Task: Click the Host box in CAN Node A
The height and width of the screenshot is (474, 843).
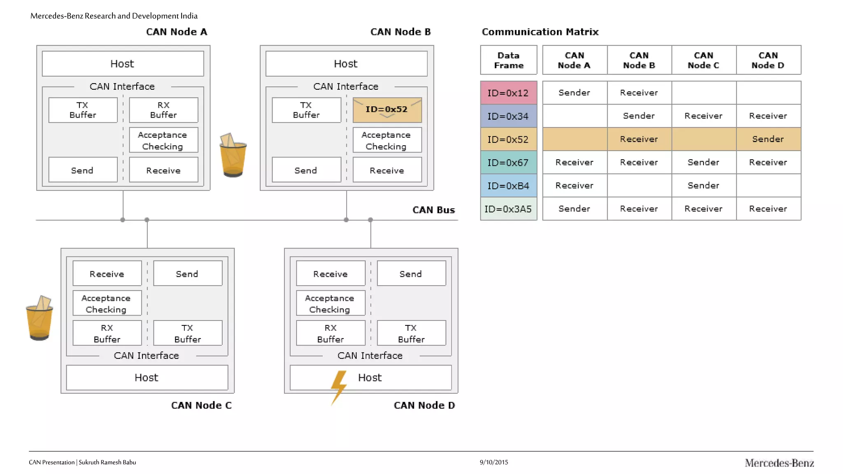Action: (x=123, y=64)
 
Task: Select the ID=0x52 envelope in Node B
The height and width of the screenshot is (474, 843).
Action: (x=387, y=110)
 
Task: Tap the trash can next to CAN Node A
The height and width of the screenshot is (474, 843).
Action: (x=233, y=155)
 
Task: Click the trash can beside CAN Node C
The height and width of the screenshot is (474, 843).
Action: (x=40, y=318)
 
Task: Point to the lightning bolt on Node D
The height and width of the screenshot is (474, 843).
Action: (x=339, y=386)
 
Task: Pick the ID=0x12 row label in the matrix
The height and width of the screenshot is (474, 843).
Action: (x=508, y=93)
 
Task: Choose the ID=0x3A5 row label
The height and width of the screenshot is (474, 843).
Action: (x=508, y=209)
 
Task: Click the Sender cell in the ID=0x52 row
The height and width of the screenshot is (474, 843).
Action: (x=768, y=139)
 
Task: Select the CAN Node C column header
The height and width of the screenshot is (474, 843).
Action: (x=703, y=60)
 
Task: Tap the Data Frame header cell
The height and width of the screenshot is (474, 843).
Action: (x=509, y=60)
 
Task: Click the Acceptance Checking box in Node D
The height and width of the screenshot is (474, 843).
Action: (x=330, y=304)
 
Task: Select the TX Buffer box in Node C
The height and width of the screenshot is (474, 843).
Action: (x=188, y=333)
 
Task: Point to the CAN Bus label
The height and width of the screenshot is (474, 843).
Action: (x=433, y=210)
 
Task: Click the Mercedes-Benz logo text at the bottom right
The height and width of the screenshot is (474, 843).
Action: (x=779, y=463)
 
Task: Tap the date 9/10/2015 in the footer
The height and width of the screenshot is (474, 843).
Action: (x=494, y=462)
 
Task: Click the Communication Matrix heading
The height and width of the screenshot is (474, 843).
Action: (x=540, y=32)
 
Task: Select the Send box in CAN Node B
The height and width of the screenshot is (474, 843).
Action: (x=306, y=170)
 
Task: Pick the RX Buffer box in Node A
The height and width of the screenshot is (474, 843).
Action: (x=163, y=110)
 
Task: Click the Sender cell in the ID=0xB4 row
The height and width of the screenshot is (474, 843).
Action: (x=703, y=186)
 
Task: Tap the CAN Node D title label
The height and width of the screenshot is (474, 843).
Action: (x=424, y=405)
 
